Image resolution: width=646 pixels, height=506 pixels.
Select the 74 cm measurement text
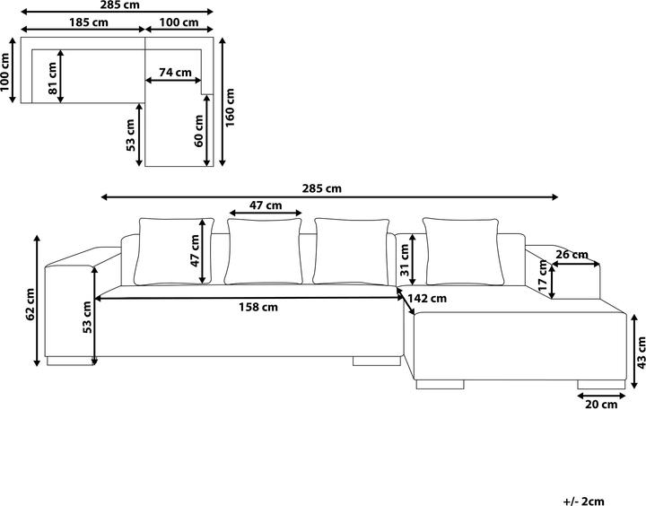[x=175, y=73]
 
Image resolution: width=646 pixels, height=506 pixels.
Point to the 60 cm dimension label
[x=198, y=131]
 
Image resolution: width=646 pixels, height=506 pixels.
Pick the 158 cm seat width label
[x=257, y=307]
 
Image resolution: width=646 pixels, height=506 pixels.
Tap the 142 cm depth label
[x=427, y=299]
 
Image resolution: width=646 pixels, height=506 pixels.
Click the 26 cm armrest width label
[x=572, y=255]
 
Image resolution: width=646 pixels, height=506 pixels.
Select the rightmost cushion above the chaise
[x=460, y=251]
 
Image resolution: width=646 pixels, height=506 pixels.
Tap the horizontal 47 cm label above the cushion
[x=265, y=205]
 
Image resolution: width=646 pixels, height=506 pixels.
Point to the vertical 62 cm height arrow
[x=38, y=301]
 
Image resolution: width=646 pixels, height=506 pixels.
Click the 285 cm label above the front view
[x=322, y=188]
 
